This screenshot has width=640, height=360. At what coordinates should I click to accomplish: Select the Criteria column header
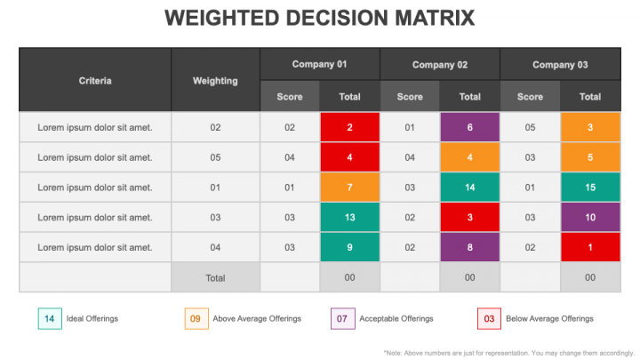(x=95, y=80)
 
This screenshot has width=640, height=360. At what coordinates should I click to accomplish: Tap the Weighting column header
(x=215, y=80)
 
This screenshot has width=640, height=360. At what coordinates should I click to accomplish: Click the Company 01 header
(x=320, y=64)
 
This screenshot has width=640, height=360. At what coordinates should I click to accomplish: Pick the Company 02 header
(x=440, y=64)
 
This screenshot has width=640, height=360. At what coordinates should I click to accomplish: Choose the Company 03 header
(x=560, y=64)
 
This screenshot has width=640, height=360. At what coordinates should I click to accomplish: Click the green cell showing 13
(x=350, y=217)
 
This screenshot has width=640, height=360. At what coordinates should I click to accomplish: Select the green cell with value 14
(x=470, y=187)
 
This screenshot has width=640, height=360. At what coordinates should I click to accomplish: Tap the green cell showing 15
(x=590, y=187)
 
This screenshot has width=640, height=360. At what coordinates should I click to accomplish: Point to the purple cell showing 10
(x=590, y=217)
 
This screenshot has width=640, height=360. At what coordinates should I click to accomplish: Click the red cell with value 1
(x=590, y=247)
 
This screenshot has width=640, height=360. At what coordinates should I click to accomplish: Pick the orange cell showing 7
(x=350, y=187)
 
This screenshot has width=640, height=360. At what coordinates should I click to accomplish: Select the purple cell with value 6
(x=470, y=127)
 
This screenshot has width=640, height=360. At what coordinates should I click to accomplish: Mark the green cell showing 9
(x=350, y=247)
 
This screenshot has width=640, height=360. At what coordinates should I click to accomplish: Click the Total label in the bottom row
(x=215, y=277)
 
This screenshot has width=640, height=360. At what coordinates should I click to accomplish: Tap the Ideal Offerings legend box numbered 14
(x=49, y=318)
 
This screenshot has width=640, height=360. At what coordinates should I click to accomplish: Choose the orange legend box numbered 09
(x=196, y=318)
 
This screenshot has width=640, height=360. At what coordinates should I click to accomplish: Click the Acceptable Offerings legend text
(x=396, y=318)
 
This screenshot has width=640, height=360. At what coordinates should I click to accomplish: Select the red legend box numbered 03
(x=489, y=318)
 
